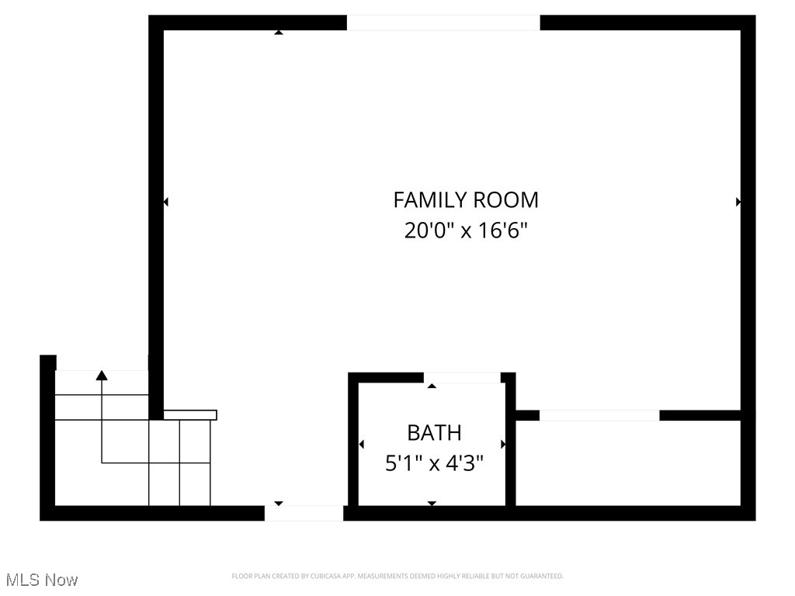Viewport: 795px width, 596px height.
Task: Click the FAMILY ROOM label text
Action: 466,200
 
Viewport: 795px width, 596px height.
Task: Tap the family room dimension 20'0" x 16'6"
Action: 466,230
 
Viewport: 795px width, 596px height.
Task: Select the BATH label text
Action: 434,432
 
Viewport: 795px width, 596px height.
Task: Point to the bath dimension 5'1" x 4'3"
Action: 434,464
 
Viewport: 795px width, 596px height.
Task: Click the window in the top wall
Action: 443,23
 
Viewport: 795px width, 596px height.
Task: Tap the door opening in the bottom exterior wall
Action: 304,513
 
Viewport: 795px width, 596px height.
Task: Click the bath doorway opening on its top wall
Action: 462,378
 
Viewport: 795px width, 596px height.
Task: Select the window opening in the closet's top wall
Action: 599,416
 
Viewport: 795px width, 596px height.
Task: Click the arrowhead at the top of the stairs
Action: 102,376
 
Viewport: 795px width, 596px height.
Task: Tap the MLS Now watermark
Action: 42,580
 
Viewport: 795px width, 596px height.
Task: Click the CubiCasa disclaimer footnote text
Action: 397,576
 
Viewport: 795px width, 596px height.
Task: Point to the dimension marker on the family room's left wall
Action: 165,202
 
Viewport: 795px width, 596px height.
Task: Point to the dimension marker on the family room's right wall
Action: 738,202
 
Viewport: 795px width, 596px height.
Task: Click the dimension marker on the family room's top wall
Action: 279,33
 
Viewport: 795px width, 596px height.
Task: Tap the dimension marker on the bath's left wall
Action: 361,445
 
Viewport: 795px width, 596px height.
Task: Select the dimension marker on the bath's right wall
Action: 503,445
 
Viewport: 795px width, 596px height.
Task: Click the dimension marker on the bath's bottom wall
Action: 432,504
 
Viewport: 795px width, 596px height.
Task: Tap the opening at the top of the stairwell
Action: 102,363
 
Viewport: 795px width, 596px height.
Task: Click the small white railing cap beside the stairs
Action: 190,415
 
